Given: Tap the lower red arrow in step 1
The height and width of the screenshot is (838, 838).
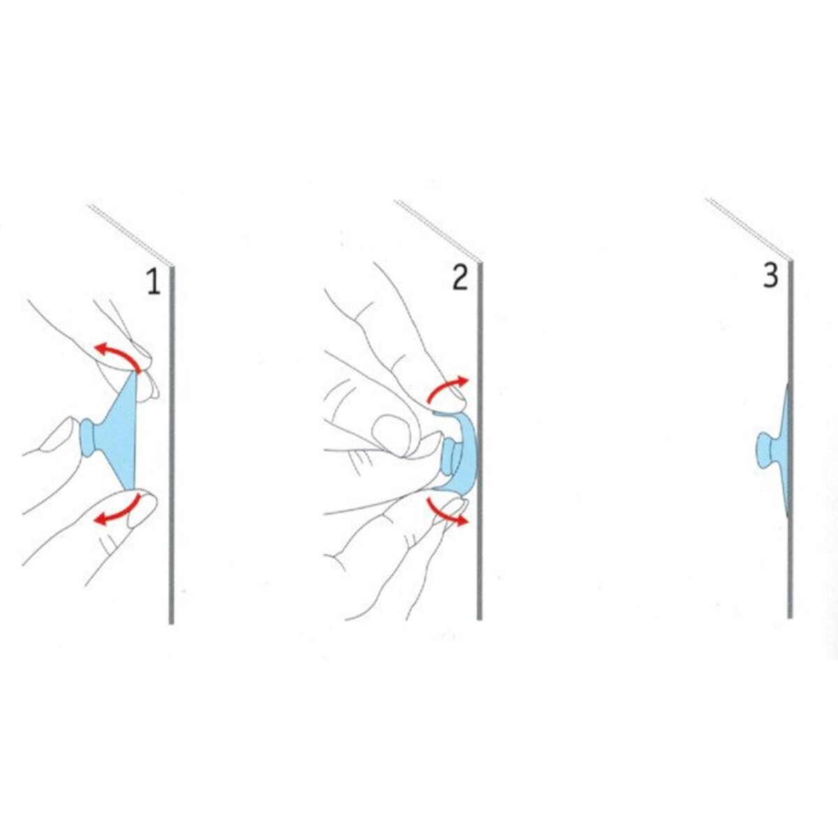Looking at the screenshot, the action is (x=117, y=512).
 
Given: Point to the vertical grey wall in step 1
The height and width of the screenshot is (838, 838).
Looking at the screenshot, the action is (x=171, y=444).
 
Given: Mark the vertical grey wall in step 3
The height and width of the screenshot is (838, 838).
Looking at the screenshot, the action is (x=790, y=439).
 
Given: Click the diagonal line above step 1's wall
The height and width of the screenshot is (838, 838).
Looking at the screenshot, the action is (x=131, y=234).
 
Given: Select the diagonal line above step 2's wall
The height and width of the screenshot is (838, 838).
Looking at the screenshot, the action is (x=439, y=231).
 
